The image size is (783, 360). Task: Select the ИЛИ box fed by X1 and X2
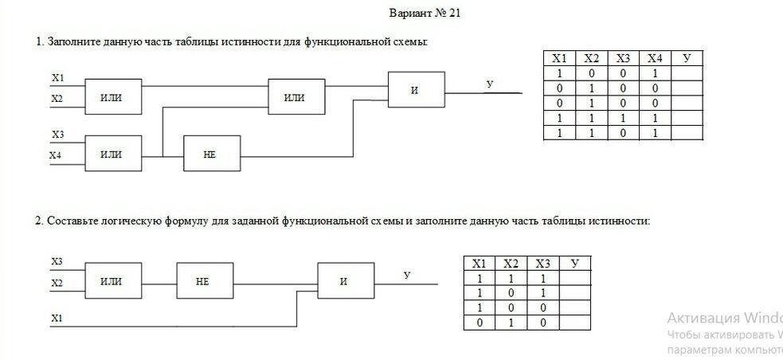(112, 97)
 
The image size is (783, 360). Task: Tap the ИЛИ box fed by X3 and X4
(112, 154)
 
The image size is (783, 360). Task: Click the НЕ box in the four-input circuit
(211, 154)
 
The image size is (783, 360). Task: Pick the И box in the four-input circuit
(416, 89)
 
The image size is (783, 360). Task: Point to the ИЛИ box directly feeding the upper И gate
(296, 97)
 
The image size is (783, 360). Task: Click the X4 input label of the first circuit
(55, 155)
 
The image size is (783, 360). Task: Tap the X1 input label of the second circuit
(57, 318)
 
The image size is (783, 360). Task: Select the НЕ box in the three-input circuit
(205, 281)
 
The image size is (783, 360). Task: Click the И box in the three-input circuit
(345, 281)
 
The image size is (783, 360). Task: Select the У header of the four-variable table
(687, 58)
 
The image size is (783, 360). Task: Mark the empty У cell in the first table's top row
(687, 73)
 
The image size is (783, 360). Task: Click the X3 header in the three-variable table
(543, 264)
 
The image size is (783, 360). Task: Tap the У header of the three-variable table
(574, 264)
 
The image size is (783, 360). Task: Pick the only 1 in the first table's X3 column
(623, 118)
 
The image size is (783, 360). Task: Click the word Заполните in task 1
(72, 41)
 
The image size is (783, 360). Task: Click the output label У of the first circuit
(489, 83)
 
